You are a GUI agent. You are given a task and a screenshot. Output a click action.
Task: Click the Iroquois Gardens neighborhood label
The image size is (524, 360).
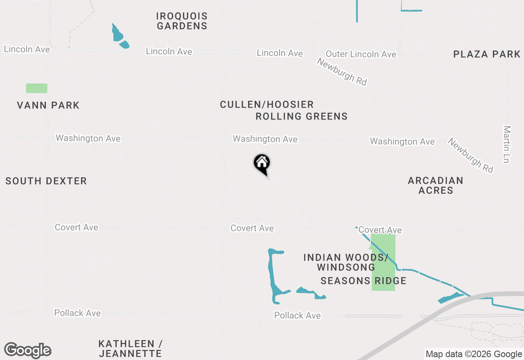182,21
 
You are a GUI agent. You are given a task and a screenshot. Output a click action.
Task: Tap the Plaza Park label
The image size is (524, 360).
487,54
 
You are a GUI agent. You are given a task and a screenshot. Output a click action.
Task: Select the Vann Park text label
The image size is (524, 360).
48,105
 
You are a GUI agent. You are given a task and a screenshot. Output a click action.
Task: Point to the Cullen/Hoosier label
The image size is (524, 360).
267,104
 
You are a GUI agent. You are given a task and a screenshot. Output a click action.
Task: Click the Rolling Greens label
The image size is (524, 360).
301,117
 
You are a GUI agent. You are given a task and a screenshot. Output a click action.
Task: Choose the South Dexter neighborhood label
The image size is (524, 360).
46,181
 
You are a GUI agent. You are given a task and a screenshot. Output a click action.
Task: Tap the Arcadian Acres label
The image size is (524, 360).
436,185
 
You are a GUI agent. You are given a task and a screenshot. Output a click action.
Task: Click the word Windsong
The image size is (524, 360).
346,268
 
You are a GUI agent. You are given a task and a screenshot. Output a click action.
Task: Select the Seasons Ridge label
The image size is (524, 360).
363,281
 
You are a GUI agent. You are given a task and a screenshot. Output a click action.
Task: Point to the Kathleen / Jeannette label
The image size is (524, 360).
130,349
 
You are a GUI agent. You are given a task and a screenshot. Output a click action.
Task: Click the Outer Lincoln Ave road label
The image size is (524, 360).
361,54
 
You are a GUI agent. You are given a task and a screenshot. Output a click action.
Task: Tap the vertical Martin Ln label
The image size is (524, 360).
507,144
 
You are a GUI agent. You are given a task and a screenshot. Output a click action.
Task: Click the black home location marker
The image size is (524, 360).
262,164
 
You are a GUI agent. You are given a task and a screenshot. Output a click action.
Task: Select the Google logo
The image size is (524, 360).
27,350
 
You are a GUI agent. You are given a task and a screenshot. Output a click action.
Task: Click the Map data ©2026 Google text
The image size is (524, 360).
474,354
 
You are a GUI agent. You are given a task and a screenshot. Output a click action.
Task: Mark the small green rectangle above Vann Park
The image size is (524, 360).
36,88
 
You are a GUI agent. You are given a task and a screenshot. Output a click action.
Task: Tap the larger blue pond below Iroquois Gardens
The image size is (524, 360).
117,33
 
